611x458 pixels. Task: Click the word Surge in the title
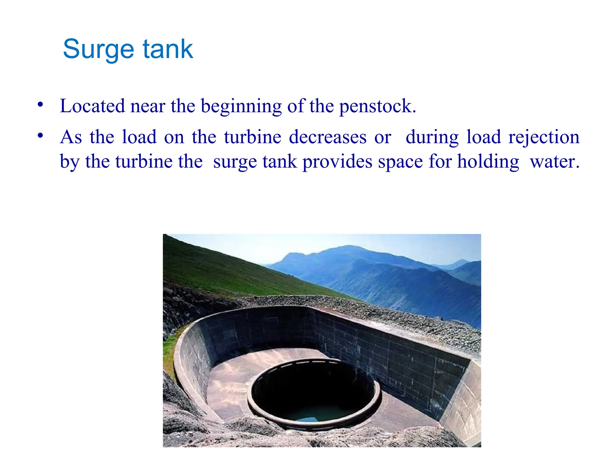point(98,49)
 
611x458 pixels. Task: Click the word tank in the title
point(168,49)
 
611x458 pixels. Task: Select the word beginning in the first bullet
point(241,107)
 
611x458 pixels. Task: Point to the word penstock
point(377,107)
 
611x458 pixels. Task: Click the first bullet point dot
point(40,105)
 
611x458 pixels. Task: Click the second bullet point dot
point(40,136)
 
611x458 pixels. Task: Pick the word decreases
point(327,137)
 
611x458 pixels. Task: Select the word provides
point(337,162)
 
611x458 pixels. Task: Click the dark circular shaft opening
point(313,388)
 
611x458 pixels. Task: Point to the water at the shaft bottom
point(313,414)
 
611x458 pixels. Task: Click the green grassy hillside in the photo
point(215,268)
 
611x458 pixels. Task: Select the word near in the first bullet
point(148,106)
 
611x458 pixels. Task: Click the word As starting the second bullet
point(71,137)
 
